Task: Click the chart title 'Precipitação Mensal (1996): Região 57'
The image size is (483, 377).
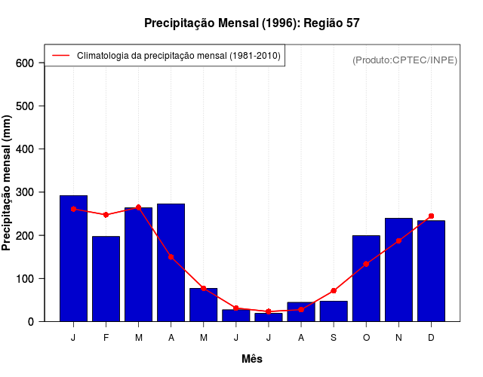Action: pyautogui.click(x=252, y=23)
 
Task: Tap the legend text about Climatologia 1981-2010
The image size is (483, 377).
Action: pyautogui.click(x=178, y=55)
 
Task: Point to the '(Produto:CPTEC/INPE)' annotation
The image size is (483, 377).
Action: pyautogui.click(x=405, y=60)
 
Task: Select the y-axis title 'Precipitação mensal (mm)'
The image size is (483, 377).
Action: pyautogui.click(x=8, y=182)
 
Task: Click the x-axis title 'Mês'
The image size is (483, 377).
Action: pyautogui.click(x=252, y=359)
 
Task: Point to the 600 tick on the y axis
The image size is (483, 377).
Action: pyautogui.click(x=25, y=63)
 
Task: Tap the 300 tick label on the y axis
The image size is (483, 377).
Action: pyautogui.click(x=25, y=192)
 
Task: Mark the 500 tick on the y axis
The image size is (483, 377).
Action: pyautogui.click(x=25, y=106)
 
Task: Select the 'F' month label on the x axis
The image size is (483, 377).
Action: pyautogui.click(x=106, y=337)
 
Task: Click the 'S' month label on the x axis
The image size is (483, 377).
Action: pyautogui.click(x=334, y=337)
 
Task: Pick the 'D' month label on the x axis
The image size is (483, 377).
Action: pyautogui.click(x=431, y=337)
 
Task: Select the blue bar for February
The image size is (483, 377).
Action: pyautogui.click(x=106, y=279)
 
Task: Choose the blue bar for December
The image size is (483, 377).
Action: pyautogui.click(x=431, y=271)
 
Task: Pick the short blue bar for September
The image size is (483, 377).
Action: pyautogui.click(x=334, y=311)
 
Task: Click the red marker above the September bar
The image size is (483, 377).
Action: pyautogui.click(x=334, y=290)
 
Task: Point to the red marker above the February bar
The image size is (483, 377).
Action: pyautogui.click(x=106, y=215)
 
